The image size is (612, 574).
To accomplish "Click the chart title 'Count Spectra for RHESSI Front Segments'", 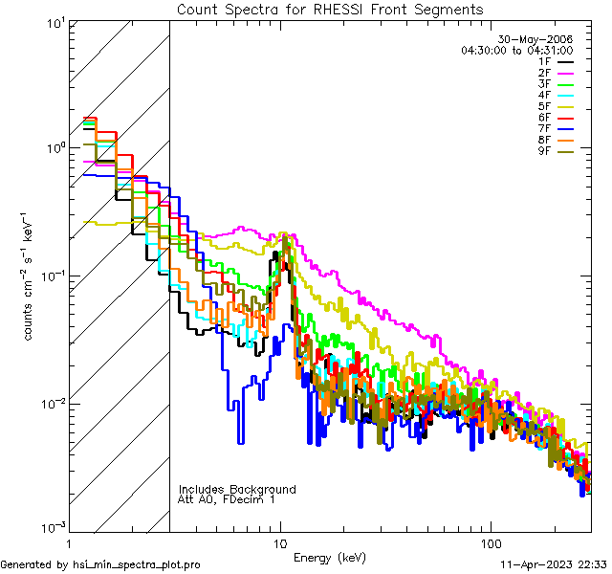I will pyautogui.click(x=330, y=9).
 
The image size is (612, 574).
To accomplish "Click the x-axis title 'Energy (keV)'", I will pyautogui.click(x=330, y=557).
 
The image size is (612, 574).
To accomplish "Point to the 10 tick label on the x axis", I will pyautogui.click(x=280, y=541).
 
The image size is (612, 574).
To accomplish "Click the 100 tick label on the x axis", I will pyautogui.click(x=490, y=541).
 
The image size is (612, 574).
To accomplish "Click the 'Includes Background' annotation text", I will pyautogui.click(x=237, y=489).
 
